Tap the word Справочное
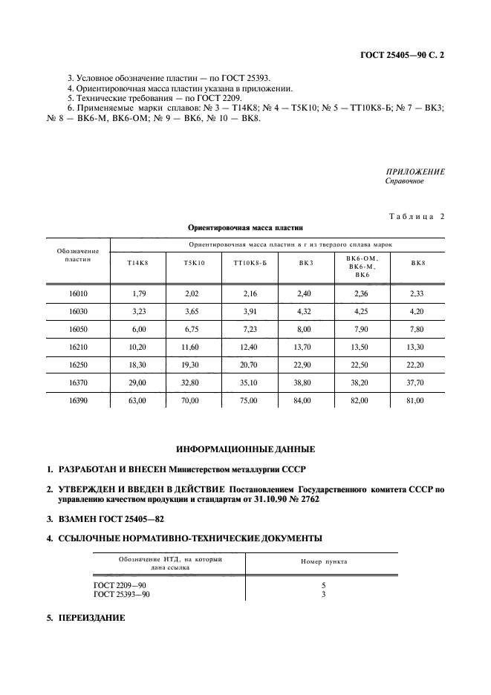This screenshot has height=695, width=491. point(404,181)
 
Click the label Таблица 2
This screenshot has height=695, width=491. point(417,217)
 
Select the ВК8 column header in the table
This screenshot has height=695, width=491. point(418,264)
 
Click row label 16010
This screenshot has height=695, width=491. point(77,295)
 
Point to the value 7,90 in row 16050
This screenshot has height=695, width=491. point(362,330)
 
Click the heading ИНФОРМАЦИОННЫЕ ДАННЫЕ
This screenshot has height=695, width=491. point(245,449)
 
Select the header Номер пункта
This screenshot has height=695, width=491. point(324,562)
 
